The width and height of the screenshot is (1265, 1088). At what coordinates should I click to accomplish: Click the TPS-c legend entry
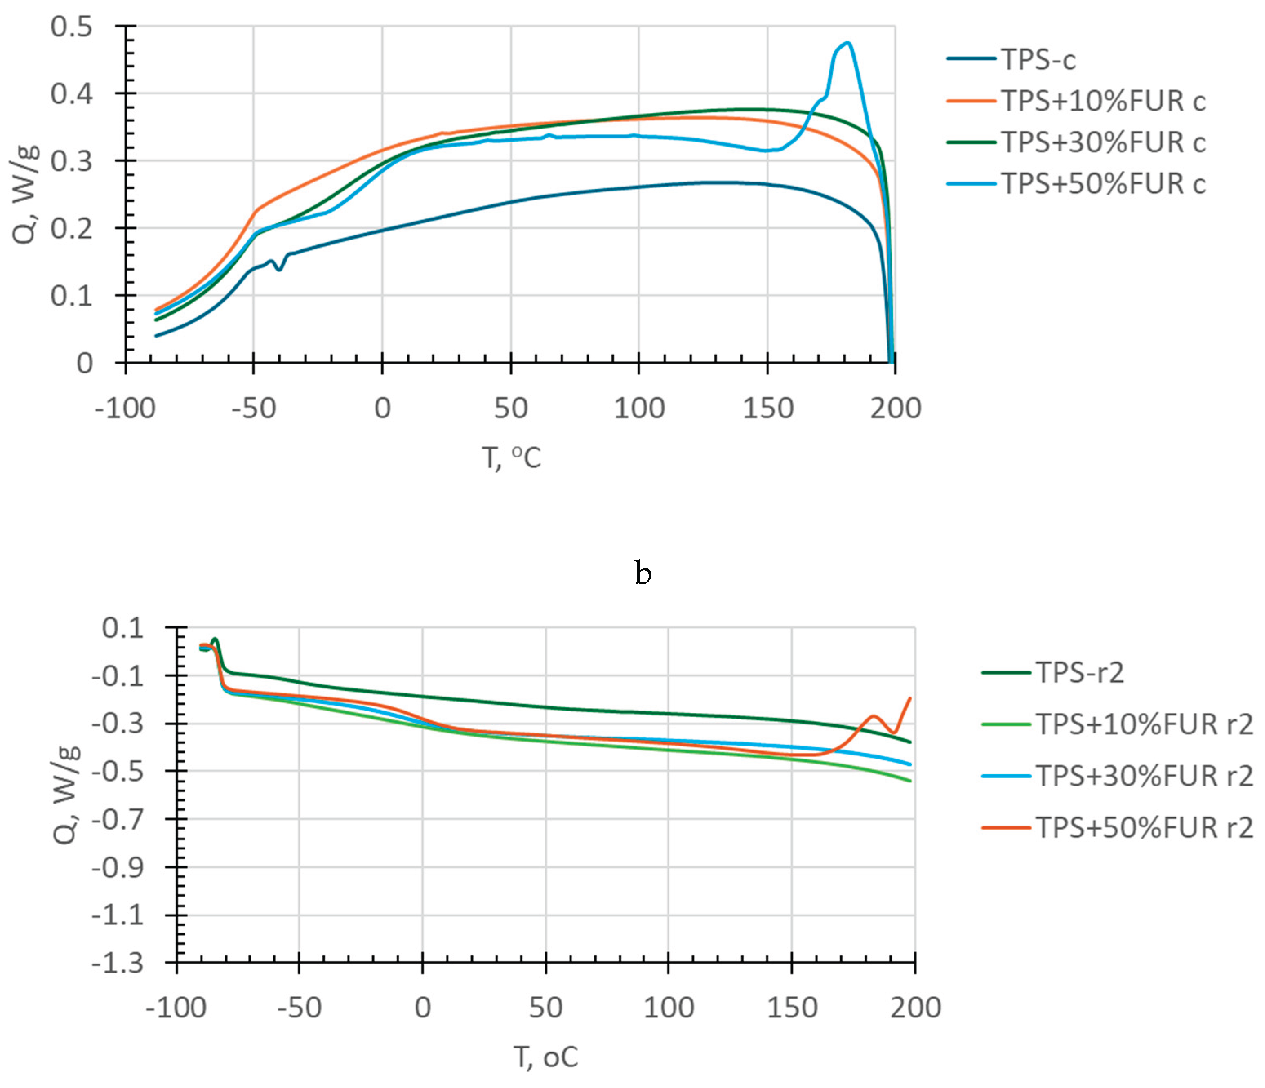pyautogui.click(x=1038, y=60)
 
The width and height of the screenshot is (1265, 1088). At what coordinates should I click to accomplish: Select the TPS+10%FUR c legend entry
pyautogui.click(x=1103, y=101)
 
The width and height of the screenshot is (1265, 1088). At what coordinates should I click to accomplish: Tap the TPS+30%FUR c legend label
pyautogui.click(x=1103, y=142)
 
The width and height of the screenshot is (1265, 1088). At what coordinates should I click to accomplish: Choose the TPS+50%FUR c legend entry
pyautogui.click(x=1103, y=184)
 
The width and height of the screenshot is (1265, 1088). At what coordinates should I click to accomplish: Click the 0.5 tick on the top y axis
pyautogui.click(x=71, y=27)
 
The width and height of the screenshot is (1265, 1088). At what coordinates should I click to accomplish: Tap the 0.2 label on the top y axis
pyautogui.click(x=71, y=229)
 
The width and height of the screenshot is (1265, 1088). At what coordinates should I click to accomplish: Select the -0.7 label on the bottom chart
pyautogui.click(x=118, y=819)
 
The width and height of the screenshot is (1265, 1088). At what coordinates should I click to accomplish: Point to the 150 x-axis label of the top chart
pyautogui.click(x=767, y=408)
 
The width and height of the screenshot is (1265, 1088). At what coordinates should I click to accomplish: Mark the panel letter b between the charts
pyautogui.click(x=643, y=573)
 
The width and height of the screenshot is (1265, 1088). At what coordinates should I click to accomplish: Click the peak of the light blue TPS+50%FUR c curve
pyautogui.click(x=847, y=43)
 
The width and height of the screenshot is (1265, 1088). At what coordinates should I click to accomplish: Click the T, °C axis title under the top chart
pyautogui.click(x=511, y=457)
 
